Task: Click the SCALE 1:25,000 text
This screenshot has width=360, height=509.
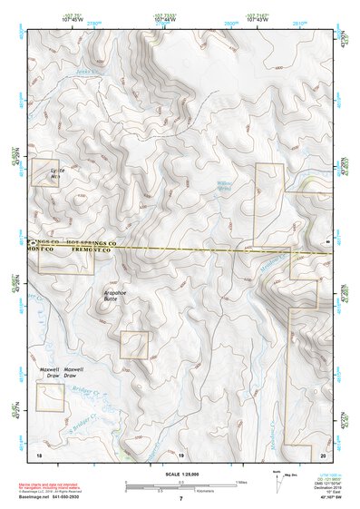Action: (180, 475)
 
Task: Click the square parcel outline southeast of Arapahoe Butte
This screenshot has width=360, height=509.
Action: (134, 344)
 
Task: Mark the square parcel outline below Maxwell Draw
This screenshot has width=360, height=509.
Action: (50, 396)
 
